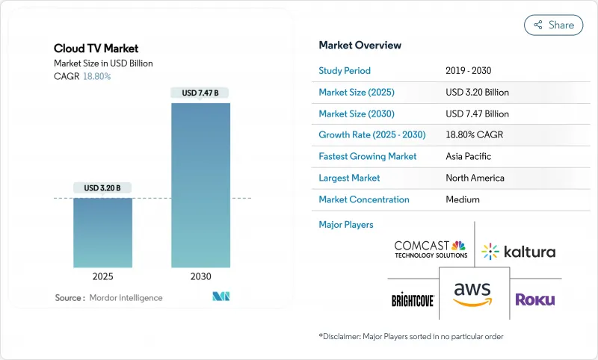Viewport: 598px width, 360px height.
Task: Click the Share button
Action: click(x=553, y=25)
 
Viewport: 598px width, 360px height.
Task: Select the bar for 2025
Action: click(x=102, y=232)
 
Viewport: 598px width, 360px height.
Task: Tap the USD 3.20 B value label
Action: click(x=102, y=187)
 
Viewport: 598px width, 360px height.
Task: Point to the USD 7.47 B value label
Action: click(x=200, y=93)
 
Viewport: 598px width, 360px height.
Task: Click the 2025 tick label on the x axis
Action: click(x=102, y=276)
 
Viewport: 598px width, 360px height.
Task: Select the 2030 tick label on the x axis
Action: click(x=200, y=276)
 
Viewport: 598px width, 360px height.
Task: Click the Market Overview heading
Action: click(x=360, y=45)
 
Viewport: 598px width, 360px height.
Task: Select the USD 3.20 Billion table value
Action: click(x=477, y=93)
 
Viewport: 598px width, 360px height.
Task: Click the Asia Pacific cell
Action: click(x=469, y=157)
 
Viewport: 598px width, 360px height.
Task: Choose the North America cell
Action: click(x=475, y=178)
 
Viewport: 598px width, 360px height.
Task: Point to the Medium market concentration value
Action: click(x=462, y=199)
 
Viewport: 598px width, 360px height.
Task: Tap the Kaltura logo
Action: click(x=519, y=251)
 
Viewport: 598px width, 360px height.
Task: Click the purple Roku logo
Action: click(x=534, y=300)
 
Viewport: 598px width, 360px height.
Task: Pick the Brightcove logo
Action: click(x=413, y=300)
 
